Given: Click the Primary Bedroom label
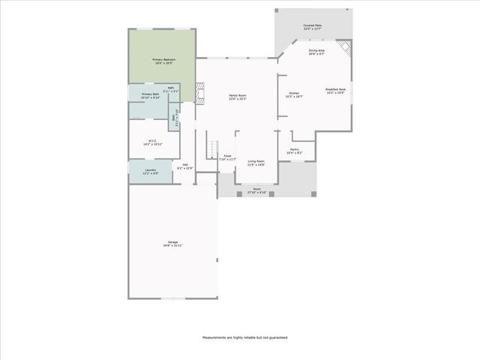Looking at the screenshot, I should pyautogui.click(x=163, y=61).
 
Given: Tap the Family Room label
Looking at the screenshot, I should pyautogui.click(x=238, y=97).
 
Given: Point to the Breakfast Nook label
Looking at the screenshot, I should pyautogui.click(x=334, y=91).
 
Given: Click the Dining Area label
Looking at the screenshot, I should pyautogui.click(x=316, y=52).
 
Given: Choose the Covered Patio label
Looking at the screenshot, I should pyautogui.click(x=313, y=27).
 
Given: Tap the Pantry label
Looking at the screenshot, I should pyautogui.click(x=295, y=151).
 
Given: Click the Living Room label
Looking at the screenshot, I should pyautogui.click(x=256, y=162).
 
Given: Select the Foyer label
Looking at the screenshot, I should pyautogui.click(x=227, y=157).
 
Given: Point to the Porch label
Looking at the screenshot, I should pyautogui.click(x=256, y=190).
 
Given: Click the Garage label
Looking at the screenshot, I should pyautogui.click(x=172, y=244).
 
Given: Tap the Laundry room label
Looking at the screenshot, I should pyautogui.click(x=151, y=172).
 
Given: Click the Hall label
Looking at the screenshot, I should pyautogui.click(x=184, y=166).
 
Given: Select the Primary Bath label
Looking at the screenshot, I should pyautogui.click(x=151, y=95).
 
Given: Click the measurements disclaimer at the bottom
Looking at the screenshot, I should pyautogui.click(x=244, y=337).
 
